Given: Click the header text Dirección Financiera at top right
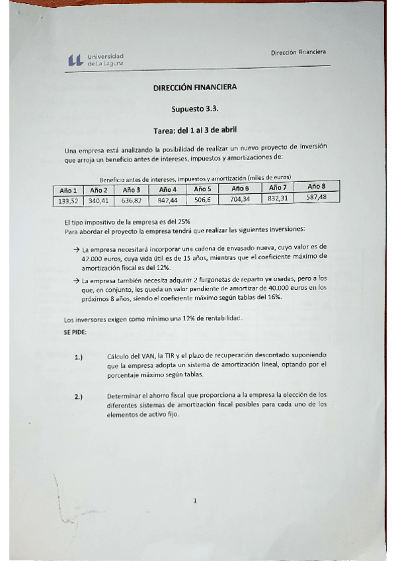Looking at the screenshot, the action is click(298, 52).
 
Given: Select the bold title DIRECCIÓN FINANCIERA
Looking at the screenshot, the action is click(194, 87).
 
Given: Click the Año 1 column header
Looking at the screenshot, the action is click(68, 190).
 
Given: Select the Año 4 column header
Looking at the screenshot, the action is click(168, 189).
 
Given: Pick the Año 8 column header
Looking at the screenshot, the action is click(317, 187).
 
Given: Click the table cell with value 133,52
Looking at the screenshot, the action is click(69, 200).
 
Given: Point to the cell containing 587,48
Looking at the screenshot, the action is click(317, 196).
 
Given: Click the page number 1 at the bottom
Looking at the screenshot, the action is click(195, 501).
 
